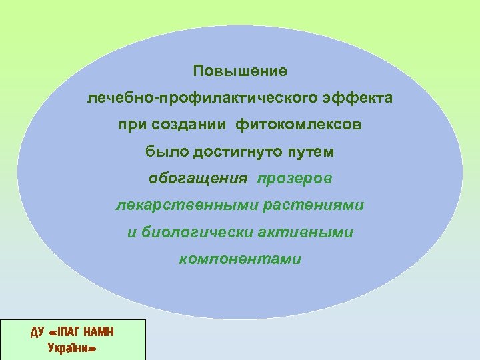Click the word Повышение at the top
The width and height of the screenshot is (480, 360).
(240, 70)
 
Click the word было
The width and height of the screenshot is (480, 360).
(167, 152)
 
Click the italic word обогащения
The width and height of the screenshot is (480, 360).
(197, 179)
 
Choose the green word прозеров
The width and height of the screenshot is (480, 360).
(295, 179)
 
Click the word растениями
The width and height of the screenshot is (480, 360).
(313, 205)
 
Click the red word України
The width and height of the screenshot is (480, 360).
(71, 347)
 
